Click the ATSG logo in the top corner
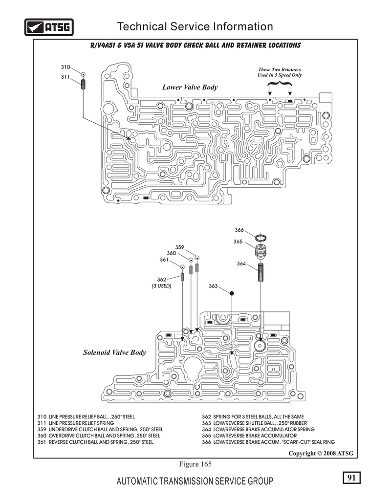tap(49, 27)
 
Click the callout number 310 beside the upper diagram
tap(65, 67)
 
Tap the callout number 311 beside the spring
tap(65, 77)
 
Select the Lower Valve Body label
tap(190, 87)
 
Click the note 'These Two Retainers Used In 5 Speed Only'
tap(280, 72)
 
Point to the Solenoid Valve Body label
tap(114, 352)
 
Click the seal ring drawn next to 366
tap(261, 238)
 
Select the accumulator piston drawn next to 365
tap(261, 251)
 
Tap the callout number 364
tap(241, 263)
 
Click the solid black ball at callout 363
tap(232, 293)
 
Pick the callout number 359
tap(180, 247)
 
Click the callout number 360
tap(171, 253)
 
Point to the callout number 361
tap(164, 260)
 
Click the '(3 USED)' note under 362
tap(161, 286)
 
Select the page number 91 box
tap(351, 478)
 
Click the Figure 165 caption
tap(195, 464)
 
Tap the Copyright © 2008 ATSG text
tap(321, 453)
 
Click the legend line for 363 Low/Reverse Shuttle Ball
tap(254, 423)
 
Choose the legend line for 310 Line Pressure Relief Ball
tap(86, 416)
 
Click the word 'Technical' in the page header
tap(142, 26)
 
